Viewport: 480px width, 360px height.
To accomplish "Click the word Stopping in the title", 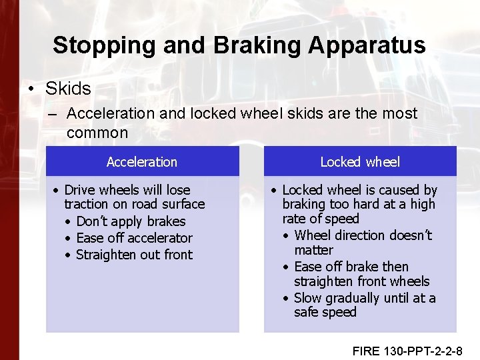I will [x=99, y=45].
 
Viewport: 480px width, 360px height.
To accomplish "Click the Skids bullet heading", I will [x=68, y=88].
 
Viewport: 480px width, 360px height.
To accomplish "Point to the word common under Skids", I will [x=97, y=132].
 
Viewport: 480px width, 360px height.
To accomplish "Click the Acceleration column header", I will [x=142, y=162].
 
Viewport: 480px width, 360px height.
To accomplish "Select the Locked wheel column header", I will [x=360, y=162].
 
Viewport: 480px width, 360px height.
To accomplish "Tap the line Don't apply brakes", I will [x=131, y=221].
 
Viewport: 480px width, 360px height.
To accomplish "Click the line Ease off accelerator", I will [x=134, y=238].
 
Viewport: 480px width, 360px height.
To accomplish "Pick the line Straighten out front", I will [x=134, y=255].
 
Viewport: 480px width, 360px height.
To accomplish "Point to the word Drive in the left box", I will [x=80, y=190].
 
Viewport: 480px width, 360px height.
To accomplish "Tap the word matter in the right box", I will [x=313, y=250].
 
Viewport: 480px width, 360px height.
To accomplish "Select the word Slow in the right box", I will [x=307, y=298].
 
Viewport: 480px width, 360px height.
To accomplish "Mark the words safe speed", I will [x=325, y=313].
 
